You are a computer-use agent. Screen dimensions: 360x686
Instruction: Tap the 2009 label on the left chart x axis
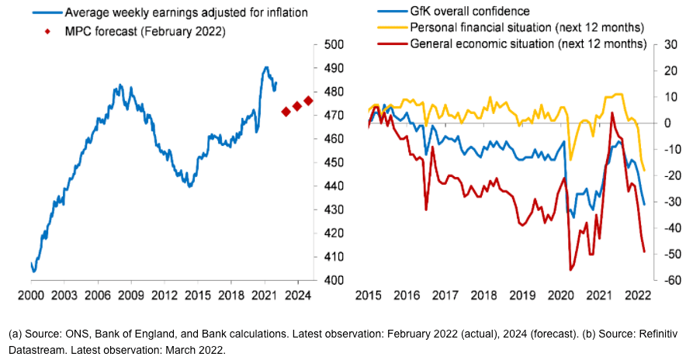(130, 296)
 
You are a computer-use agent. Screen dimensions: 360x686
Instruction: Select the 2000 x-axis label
(31, 296)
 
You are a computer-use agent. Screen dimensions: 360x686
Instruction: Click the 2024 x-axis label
(296, 296)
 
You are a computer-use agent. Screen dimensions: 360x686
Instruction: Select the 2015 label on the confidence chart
(369, 296)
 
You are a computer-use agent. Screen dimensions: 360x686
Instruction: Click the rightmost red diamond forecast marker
(308, 100)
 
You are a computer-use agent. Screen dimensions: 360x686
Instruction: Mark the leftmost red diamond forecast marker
(286, 112)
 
